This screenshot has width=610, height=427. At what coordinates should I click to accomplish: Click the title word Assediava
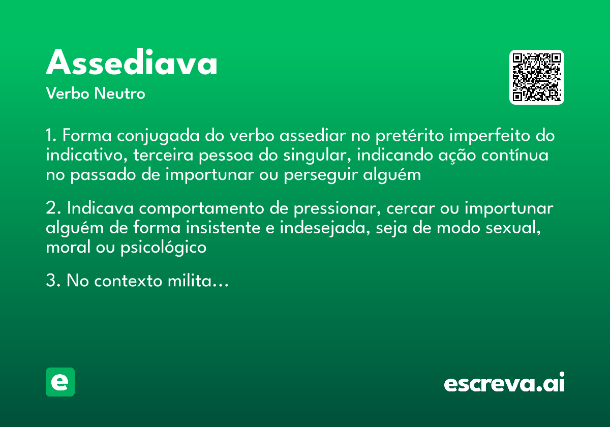click(x=132, y=63)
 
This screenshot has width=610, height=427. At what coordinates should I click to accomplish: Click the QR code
click(x=537, y=77)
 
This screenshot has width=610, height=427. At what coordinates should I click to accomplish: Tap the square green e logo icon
click(x=60, y=382)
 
